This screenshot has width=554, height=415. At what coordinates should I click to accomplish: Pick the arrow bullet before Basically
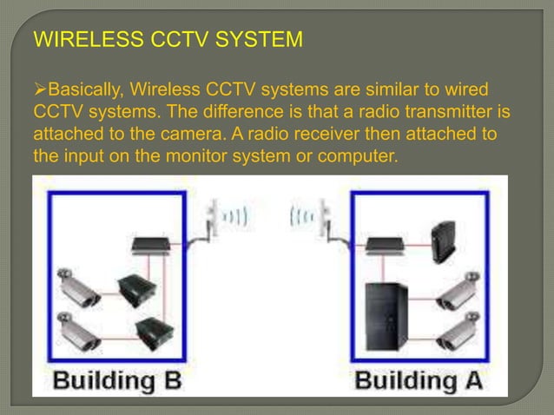coord(39,89)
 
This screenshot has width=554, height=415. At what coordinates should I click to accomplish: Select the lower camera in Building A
coord(457,329)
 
